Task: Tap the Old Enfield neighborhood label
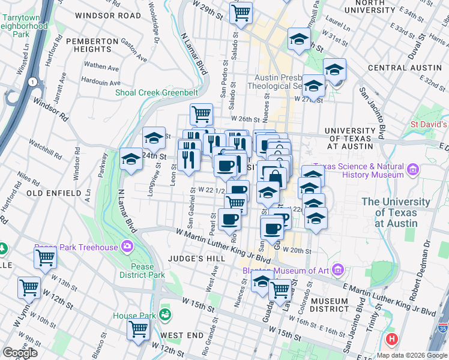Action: [x=53, y=193]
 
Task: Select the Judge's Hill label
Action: [x=198, y=259]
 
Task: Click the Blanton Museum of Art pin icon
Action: [x=337, y=271]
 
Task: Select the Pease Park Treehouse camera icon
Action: [x=127, y=246]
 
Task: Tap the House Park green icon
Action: [x=164, y=314]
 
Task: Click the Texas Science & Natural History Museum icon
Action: [x=412, y=170]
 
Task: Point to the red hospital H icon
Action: [x=393, y=339]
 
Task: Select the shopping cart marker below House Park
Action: [x=138, y=329]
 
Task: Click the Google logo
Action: [x=20, y=353]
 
